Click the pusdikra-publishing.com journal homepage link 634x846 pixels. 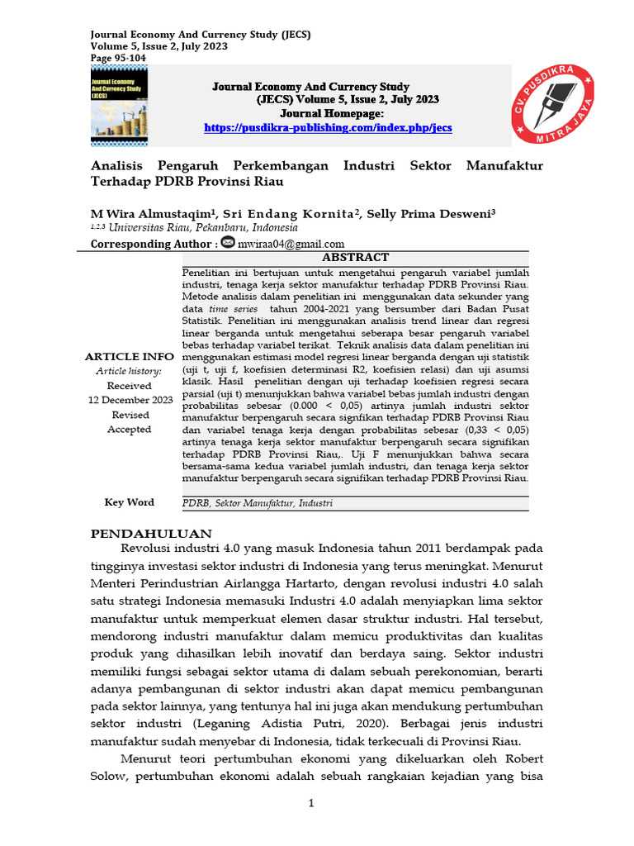(328, 128)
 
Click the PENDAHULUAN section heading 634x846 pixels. (151, 534)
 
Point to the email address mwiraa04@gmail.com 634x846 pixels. (291, 244)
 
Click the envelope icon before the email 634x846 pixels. (228, 242)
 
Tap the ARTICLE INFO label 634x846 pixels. (130, 357)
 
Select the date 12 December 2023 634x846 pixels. (130, 400)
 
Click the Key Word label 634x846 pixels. (129, 502)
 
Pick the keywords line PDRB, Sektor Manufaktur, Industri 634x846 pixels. (258, 503)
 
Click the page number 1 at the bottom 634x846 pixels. (311, 803)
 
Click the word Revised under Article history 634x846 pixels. (130, 415)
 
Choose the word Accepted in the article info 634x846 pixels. (130, 430)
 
